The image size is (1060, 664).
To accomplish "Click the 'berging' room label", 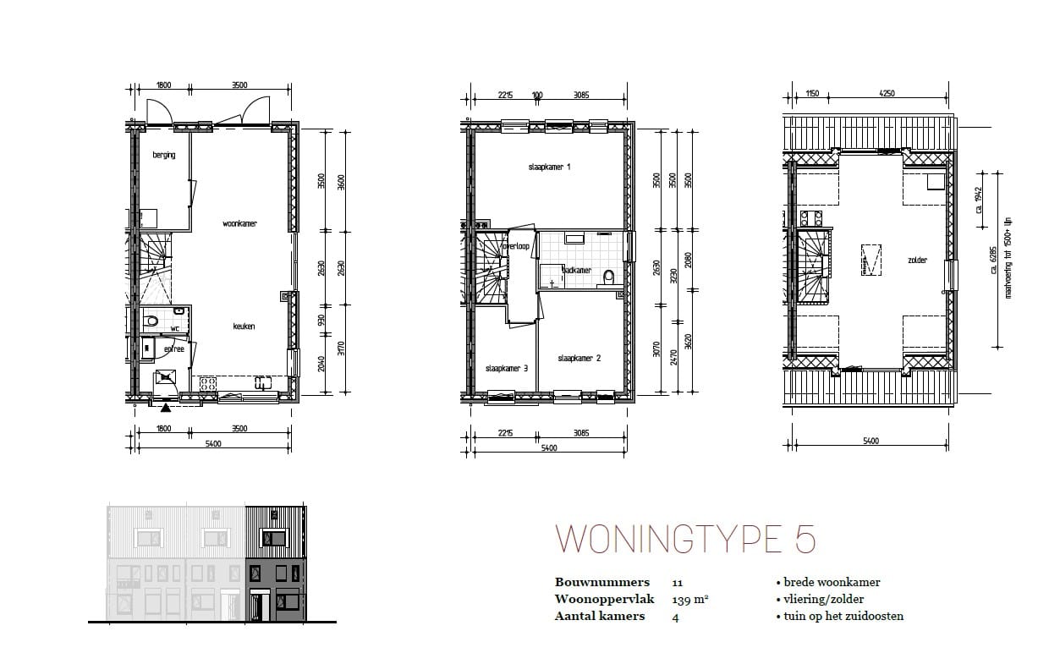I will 164,155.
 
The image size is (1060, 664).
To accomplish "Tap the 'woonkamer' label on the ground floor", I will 239,224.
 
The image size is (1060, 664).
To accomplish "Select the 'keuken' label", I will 244,327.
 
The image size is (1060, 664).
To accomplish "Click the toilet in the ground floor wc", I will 151,321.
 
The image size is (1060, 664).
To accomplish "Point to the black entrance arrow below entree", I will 164,408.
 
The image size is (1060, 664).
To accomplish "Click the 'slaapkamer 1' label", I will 549,167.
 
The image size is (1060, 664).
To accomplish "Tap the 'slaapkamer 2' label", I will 579,359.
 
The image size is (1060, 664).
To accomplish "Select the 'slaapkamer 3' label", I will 507,369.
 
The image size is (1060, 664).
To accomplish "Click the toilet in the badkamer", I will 608,275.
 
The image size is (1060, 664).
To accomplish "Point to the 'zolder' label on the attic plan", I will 917,261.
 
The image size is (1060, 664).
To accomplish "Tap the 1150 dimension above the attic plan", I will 813,94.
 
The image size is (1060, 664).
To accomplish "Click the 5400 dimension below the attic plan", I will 871,441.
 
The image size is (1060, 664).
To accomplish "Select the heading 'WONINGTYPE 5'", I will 685,540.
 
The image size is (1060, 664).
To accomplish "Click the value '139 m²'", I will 689,599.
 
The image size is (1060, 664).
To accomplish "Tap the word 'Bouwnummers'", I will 602,582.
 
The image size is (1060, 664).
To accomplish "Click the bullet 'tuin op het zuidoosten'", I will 839,616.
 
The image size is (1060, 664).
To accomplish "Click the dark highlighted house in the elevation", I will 276,564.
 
